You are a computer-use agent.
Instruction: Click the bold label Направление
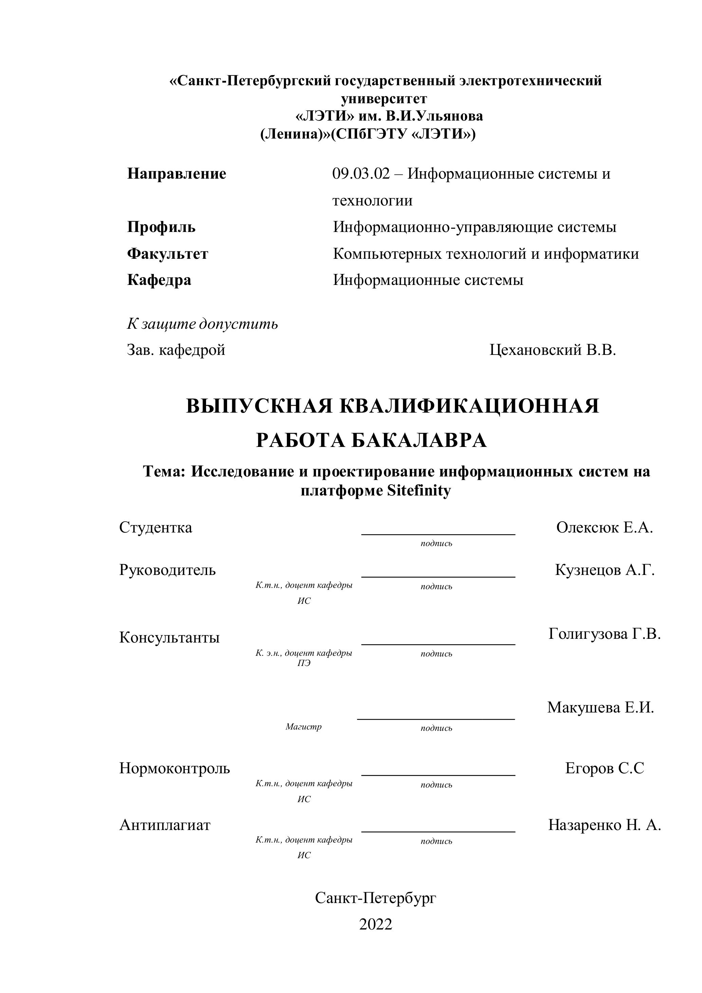pos(177,174)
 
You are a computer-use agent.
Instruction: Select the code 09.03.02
pos(361,174)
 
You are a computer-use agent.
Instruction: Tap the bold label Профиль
pos(161,227)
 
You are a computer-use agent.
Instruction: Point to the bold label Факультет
pos(167,254)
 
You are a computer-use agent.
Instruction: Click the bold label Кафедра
pos(159,280)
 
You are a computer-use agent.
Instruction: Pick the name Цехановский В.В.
pos(552,350)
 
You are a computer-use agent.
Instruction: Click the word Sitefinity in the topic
pos(419,491)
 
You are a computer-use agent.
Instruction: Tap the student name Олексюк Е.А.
pos(604,528)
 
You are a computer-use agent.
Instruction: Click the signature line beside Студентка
pos(438,535)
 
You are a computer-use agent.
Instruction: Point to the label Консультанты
pos(169,637)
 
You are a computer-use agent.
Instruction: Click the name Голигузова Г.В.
pos(604,634)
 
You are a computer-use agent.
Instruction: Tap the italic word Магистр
pos(303,727)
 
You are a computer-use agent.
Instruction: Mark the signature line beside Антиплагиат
pos(438,832)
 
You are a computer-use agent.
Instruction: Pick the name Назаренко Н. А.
pos(604,825)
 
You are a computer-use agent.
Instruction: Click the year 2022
pos(375,924)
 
